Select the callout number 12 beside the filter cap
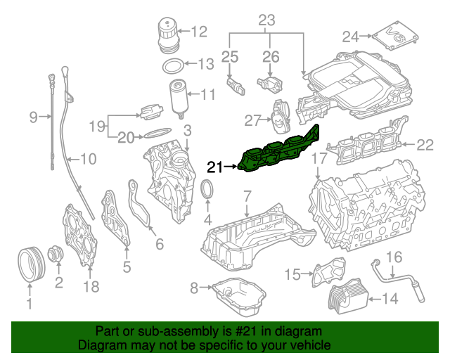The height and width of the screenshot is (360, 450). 199,31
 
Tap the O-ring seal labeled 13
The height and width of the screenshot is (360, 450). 171,65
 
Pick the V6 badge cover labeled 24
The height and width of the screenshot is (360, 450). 394,35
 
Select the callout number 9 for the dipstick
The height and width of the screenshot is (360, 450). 33,117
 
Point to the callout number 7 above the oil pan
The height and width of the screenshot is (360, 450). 247,195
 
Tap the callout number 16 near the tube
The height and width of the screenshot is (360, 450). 394,257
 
